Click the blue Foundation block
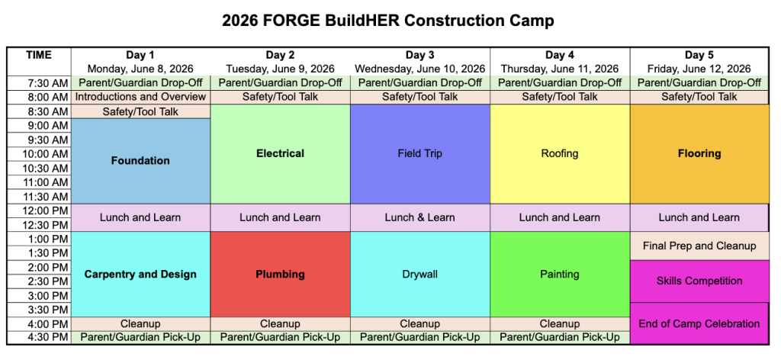click(x=140, y=161)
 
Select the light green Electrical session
click(x=281, y=154)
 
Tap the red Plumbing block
click(x=281, y=275)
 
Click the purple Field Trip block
click(x=420, y=154)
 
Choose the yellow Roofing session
click(x=560, y=154)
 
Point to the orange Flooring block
click(x=699, y=154)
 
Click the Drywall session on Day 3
click(x=420, y=275)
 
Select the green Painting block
click(x=560, y=275)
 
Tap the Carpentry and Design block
click(x=140, y=275)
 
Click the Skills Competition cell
click(x=699, y=281)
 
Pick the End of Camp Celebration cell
click(x=699, y=323)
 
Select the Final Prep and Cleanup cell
click(x=699, y=246)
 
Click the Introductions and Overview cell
click(x=140, y=97)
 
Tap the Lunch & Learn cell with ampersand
click(x=420, y=217)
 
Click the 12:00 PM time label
click(x=44, y=211)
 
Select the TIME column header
click(x=39, y=55)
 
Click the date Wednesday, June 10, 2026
click(x=420, y=69)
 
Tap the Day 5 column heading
click(x=699, y=55)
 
